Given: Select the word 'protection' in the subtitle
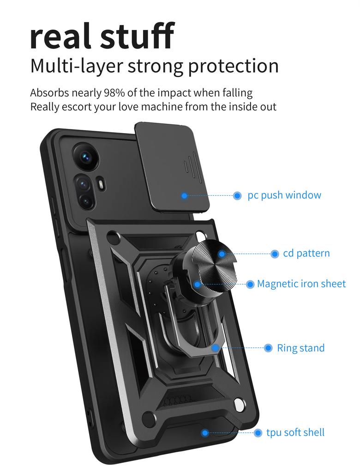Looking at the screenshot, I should coord(233,66).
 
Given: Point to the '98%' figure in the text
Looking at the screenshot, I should coord(114,92).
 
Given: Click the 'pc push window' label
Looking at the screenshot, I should coord(284,195).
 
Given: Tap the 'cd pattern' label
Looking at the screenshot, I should coord(306,253).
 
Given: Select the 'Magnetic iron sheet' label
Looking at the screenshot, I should coord(301,284).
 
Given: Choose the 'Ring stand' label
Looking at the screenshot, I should coord(300,348).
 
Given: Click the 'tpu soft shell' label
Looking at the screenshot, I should coord(295,432).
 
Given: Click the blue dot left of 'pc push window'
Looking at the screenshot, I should coord(237,196).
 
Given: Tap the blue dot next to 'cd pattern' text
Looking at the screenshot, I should coord(275,254).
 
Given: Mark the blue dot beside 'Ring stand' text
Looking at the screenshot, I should coord(268,348).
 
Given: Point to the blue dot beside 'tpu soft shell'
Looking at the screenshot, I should coord(258,433).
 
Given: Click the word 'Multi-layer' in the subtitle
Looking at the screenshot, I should coord(76,66).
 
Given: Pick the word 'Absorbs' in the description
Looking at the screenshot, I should coord(49,92).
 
